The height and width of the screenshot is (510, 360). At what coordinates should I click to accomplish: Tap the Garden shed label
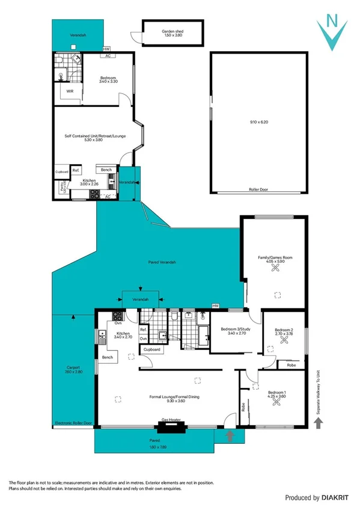tap(172, 32)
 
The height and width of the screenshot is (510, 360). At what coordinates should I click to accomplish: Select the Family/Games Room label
tap(275, 259)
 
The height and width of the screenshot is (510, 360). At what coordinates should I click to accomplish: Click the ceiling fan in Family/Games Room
tap(275, 269)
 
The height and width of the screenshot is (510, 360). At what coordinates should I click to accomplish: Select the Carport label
tap(73, 369)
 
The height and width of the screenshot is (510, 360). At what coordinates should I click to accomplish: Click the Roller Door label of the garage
tap(257, 189)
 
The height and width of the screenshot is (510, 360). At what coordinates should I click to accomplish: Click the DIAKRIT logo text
tap(322, 498)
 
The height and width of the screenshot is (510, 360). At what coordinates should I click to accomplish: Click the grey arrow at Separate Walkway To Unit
tap(319, 424)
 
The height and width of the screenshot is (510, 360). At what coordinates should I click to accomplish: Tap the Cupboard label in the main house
tap(151, 349)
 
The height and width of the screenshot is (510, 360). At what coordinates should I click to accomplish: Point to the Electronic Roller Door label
tap(73, 423)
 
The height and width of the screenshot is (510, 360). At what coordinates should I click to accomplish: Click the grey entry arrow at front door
tap(229, 434)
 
